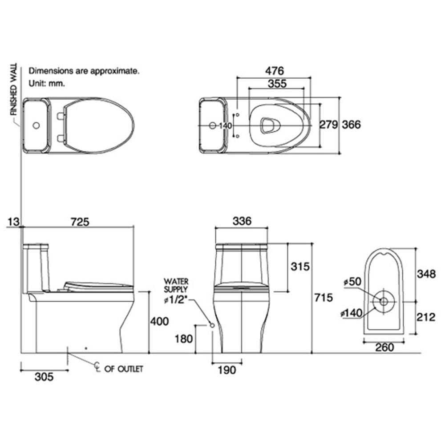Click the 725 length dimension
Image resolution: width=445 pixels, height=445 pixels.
(x=80, y=222)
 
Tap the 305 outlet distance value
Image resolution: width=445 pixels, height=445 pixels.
(x=44, y=377)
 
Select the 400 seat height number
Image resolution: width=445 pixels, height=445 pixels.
(x=159, y=321)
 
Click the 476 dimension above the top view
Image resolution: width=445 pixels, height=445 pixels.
(x=275, y=71)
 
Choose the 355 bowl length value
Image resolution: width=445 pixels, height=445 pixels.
(x=277, y=84)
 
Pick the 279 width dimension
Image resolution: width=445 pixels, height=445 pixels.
(x=329, y=125)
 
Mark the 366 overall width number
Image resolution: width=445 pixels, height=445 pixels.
(x=352, y=125)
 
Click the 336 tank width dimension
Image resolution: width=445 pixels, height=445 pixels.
(x=242, y=221)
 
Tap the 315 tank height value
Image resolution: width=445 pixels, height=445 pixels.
(x=300, y=267)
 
